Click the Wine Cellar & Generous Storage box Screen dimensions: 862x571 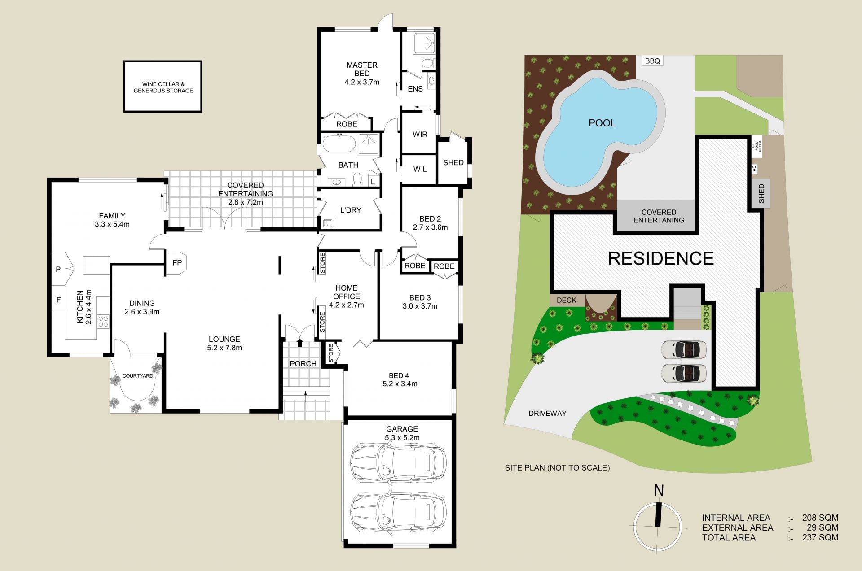click(163, 87)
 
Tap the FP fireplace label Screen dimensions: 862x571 click(177, 262)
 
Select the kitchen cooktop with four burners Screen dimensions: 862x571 click(103, 321)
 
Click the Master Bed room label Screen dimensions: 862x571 click(362, 74)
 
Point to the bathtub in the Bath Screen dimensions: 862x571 click(339, 144)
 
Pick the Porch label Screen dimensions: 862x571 click(303, 364)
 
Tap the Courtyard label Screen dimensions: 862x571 click(138, 376)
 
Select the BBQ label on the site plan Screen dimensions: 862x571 click(652, 61)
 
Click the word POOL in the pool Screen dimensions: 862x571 click(602, 123)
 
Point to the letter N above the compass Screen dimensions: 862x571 click(659, 491)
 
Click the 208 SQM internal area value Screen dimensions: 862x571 click(820, 518)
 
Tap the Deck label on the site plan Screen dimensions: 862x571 click(566, 300)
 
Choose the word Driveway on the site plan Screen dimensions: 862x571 click(547, 414)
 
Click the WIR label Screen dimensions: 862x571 click(420, 135)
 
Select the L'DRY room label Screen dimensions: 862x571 click(351, 210)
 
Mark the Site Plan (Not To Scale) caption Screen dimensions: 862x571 click(557, 468)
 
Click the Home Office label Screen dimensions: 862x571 click(346, 292)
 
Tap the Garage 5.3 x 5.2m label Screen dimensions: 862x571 click(402, 433)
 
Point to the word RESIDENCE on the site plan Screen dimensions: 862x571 click(661, 258)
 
